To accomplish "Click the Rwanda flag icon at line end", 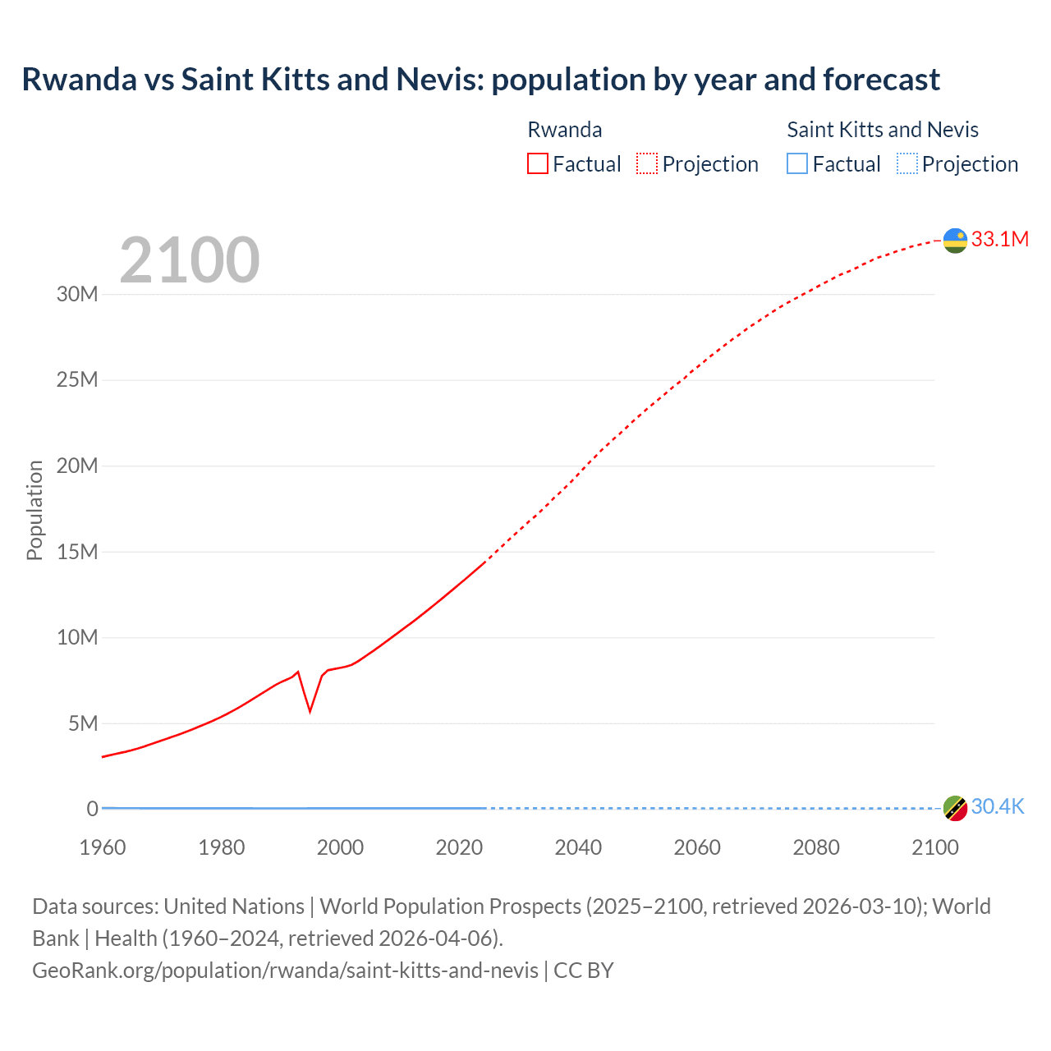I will (955, 241).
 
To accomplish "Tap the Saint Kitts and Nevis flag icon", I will (955, 808).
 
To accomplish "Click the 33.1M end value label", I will (999, 239).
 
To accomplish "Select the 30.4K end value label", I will (997, 806).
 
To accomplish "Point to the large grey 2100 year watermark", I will (190, 260).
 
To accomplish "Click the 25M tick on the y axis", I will (77, 379).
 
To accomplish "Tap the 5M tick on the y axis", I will (83, 723).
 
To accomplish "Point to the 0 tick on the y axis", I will (92, 809).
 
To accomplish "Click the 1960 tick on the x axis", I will (103, 847).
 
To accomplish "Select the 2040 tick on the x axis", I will (578, 847).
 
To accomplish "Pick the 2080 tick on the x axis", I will (816, 847).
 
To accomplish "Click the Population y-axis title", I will (34, 510).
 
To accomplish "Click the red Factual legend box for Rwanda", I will (537, 163).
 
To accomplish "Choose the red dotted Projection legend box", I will (647, 163).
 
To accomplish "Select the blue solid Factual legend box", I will (797, 163).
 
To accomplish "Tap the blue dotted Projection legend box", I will (906, 163).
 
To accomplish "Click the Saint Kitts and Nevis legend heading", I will (883, 130).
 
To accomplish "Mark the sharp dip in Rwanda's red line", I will (310, 710).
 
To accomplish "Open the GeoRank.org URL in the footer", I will (285, 970).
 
